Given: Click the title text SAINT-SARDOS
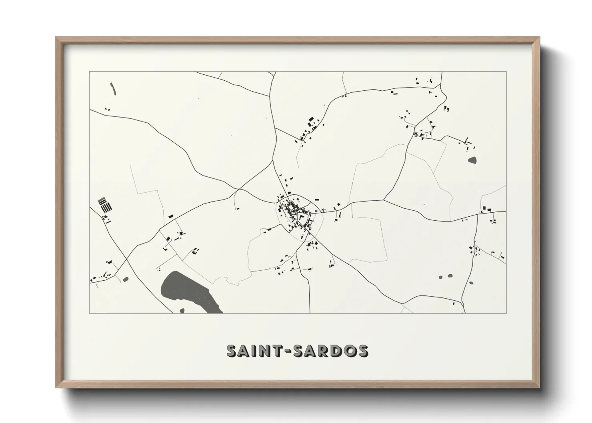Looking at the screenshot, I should [297, 351].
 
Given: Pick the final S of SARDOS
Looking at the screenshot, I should [363, 351].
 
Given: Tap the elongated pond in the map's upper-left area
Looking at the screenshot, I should [113, 89].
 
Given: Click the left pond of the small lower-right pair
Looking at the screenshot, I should [440, 277].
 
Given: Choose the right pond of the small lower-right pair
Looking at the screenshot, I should [449, 275].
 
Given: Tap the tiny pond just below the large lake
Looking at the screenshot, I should [182, 310].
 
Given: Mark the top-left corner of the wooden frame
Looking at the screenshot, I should [56, 38].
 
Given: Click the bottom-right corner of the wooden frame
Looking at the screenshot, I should [539, 387].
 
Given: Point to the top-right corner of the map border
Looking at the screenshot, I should [506, 72].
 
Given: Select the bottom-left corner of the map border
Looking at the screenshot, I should [90, 313].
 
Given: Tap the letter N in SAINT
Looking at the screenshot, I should [266, 351].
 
